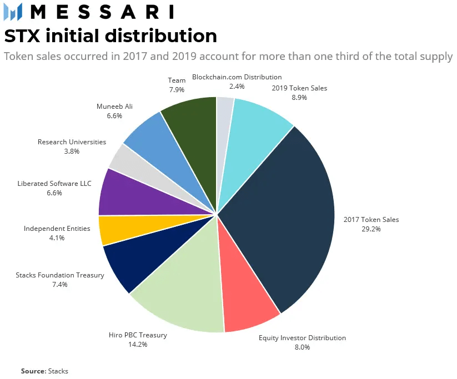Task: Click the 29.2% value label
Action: [x=371, y=229]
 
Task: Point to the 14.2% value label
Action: [x=138, y=345]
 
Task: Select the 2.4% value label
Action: [x=237, y=87]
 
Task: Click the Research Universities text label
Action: [x=72, y=142]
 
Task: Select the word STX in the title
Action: [x=22, y=36]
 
